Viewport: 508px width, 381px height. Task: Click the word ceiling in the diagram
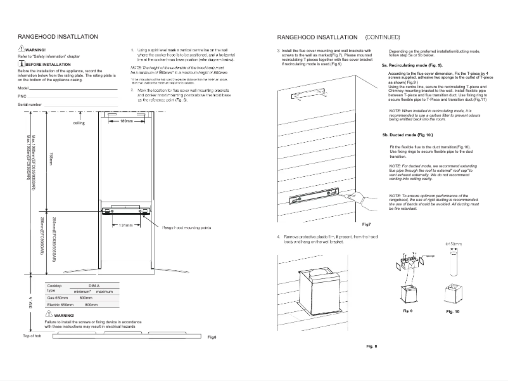click(x=79, y=123)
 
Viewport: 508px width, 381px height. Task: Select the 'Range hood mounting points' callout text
click(x=187, y=226)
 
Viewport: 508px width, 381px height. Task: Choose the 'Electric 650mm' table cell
click(x=61, y=304)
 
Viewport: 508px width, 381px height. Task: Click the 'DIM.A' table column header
click(x=94, y=286)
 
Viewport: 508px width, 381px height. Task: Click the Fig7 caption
click(x=366, y=224)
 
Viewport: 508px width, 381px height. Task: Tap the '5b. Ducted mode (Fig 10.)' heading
click(x=407, y=136)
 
